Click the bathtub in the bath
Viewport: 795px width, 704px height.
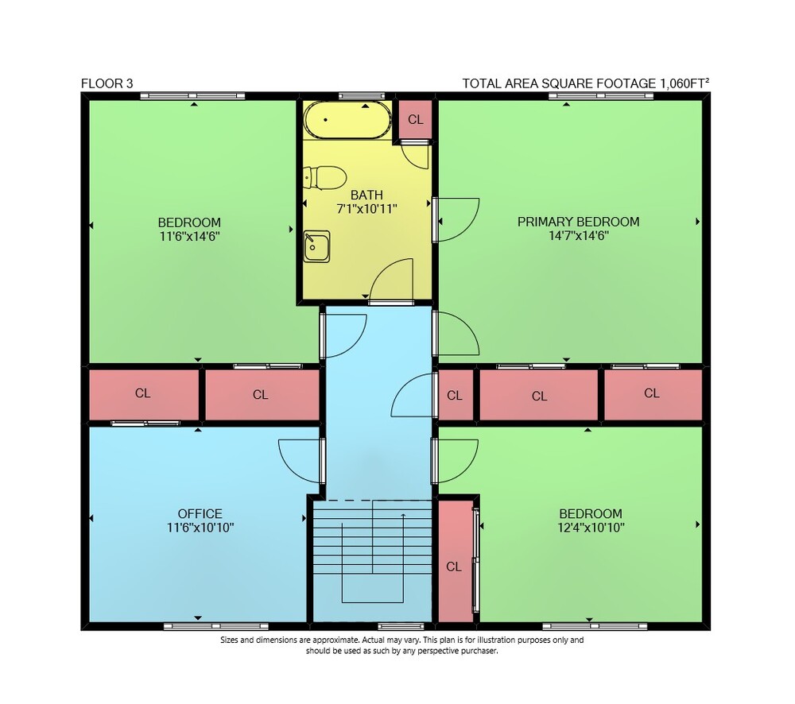pyautogui.click(x=347, y=120)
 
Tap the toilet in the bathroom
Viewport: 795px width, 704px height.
pyautogui.click(x=324, y=178)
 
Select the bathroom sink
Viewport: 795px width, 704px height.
pyautogui.click(x=316, y=247)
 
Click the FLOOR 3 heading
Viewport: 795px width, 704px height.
pyautogui.click(x=107, y=83)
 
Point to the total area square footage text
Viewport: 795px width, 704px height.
pyautogui.click(x=586, y=83)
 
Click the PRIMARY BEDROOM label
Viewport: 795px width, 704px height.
pyautogui.click(x=578, y=222)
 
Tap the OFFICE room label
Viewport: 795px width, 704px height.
pyautogui.click(x=200, y=513)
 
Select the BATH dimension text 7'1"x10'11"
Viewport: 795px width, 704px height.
pyautogui.click(x=366, y=208)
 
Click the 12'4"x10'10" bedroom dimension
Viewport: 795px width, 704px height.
pyautogui.click(x=591, y=528)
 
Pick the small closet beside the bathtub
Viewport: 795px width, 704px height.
pyautogui.click(x=415, y=119)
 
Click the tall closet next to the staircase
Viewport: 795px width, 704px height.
pyautogui.click(x=455, y=561)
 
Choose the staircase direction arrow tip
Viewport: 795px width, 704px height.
pyautogui.click(x=403, y=514)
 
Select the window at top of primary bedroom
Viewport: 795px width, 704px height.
pyautogui.click(x=601, y=96)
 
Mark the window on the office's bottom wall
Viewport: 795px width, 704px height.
pyautogui.click(x=216, y=626)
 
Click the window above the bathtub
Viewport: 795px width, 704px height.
pyautogui.click(x=362, y=96)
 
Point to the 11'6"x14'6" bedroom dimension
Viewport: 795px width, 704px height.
pyautogui.click(x=189, y=236)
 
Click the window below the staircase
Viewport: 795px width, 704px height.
pyautogui.click(x=401, y=626)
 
